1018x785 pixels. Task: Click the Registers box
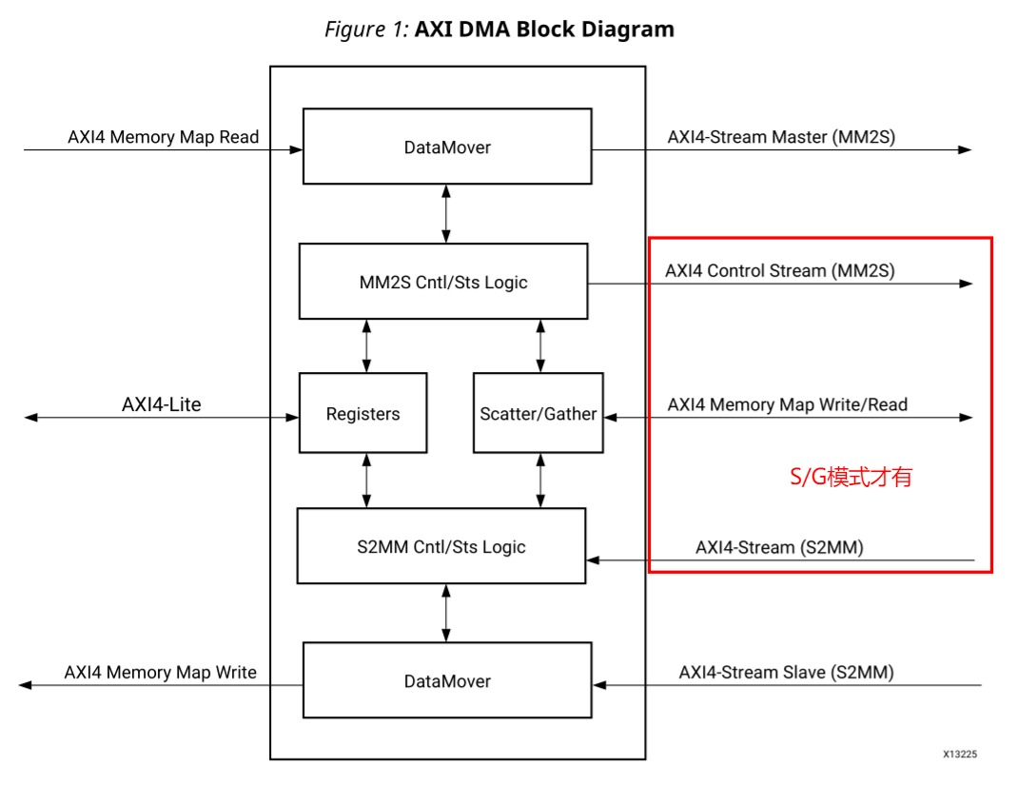[362, 414]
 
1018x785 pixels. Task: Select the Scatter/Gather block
[538, 414]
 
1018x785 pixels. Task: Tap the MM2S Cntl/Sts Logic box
[443, 282]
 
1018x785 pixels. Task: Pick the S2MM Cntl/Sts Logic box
[441, 546]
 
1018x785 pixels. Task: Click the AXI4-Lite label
[162, 404]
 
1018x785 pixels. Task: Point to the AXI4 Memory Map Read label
[163, 137]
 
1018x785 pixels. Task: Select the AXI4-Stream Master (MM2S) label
[781, 137]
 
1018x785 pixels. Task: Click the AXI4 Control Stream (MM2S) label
[780, 271]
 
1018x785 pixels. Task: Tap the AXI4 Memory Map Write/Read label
[788, 404]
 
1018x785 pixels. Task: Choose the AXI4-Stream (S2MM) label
[779, 547]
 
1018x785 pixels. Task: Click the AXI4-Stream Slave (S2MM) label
[786, 673]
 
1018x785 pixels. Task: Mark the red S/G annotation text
[851, 478]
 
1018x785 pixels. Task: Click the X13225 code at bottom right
[959, 754]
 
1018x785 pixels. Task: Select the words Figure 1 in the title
[366, 29]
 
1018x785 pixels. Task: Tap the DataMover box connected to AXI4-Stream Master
[447, 147]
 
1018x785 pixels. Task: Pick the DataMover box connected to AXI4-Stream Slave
[447, 681]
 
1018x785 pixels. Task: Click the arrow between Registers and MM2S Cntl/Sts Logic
[367, 345]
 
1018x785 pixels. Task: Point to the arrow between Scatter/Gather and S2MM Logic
[540, 481]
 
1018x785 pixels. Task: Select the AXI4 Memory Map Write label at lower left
[161, 673]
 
